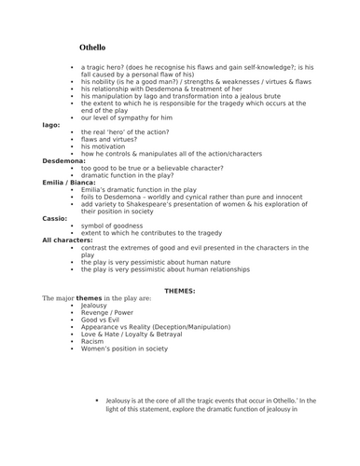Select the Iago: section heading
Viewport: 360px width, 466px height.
tap(52, 124)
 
